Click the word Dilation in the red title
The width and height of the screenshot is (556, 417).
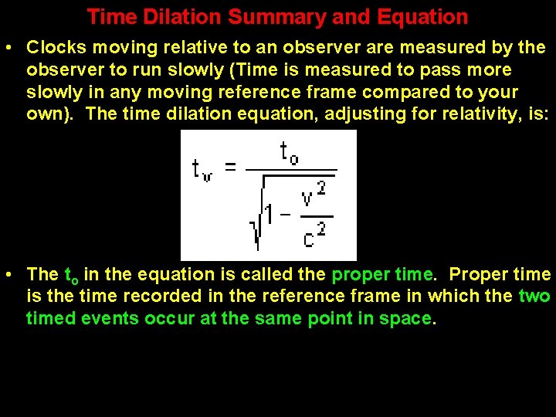173,17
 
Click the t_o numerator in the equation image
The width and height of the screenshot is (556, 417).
289,154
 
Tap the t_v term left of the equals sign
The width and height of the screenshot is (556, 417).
202,169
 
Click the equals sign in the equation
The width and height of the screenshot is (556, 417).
229,168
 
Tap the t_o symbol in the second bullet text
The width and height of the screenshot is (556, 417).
72,276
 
